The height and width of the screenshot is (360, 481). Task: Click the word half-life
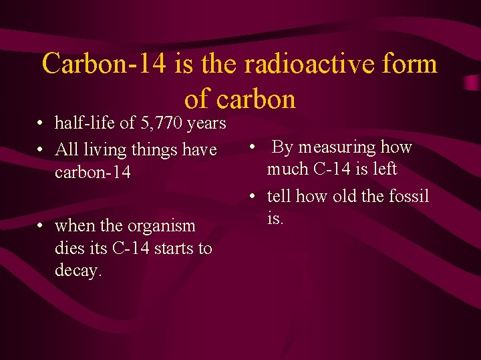[83, 123]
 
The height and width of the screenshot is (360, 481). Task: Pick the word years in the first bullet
[207, 123]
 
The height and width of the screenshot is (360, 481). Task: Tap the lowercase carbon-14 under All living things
[93, 173]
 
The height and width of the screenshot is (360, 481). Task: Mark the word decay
[77, 271]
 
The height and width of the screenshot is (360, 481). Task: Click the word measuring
[339, 147]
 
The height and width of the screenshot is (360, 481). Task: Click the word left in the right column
[385, 169]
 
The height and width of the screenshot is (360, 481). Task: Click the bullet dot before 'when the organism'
[41, 227]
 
